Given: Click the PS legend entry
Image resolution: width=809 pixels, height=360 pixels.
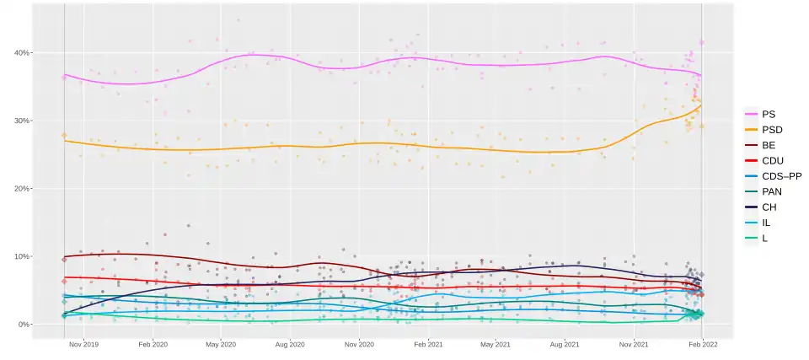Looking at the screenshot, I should coord(768,114).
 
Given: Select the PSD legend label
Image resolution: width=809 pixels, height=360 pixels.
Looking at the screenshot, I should coord(771,129).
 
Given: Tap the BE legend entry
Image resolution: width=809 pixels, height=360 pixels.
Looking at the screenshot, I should coord(768,145).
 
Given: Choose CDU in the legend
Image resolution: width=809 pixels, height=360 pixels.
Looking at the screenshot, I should coord(772,160).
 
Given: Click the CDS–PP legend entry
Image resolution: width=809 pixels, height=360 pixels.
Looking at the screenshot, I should coord(781,176).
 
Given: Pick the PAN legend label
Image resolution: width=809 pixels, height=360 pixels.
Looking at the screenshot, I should coord(771,191).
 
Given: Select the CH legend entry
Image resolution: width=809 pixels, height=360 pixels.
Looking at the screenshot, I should coord(768,207).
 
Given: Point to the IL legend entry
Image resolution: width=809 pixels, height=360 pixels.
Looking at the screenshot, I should coord(765,223).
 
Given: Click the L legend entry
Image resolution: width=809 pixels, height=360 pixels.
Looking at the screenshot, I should coord(764,239).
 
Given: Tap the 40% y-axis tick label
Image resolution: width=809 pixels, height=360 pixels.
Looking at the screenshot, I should coord(21,53).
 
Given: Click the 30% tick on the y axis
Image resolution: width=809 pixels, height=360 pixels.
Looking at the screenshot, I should coord(21,121).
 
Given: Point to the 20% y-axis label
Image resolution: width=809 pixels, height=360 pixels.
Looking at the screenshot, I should coord(21,189).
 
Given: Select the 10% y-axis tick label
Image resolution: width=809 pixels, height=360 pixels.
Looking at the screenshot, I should coord(21,256).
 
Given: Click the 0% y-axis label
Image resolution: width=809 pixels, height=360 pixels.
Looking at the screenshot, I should coord(24,325).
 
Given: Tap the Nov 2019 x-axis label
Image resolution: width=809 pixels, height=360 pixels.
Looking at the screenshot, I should coord(84,345).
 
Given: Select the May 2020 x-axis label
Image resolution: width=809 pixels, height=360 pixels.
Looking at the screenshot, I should coord(221,345).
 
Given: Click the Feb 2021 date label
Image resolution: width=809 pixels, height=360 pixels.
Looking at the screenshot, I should coord(427,345).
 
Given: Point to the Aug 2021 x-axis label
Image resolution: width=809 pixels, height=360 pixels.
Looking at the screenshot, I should coord(565,345).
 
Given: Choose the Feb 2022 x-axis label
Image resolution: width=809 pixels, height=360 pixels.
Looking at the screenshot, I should coord(702,345).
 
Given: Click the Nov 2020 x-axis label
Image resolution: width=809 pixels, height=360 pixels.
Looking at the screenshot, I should coord(359,345).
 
